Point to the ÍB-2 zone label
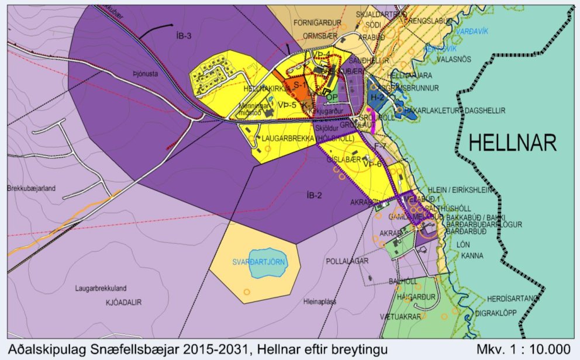315,195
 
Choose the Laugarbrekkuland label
101,288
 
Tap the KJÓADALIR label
124,302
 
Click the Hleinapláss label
319,302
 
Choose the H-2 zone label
377,98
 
